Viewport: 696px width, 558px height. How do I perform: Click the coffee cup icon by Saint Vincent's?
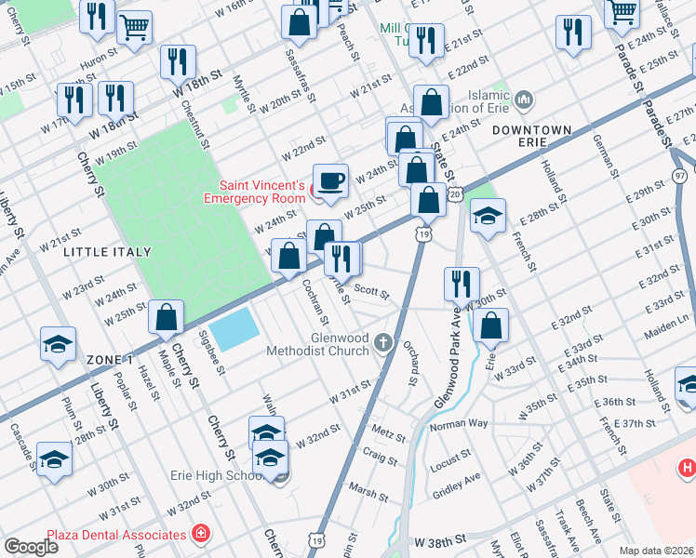coord(329,179)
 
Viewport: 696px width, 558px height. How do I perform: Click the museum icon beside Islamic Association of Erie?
coord(524,99)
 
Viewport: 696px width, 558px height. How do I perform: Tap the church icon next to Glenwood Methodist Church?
coord(382,345)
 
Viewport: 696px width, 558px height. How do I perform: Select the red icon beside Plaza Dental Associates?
coord(200,534)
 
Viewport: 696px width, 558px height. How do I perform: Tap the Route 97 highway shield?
coord(680,176)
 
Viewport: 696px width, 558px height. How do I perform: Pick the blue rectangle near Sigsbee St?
coord(234,327)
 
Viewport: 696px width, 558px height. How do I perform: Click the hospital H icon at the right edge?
coord(687,468)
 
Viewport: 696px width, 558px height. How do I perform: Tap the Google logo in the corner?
coord(31,546)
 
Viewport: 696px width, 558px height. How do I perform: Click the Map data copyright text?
coord(657,551)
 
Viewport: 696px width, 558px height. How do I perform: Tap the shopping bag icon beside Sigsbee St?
coord(166,317)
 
